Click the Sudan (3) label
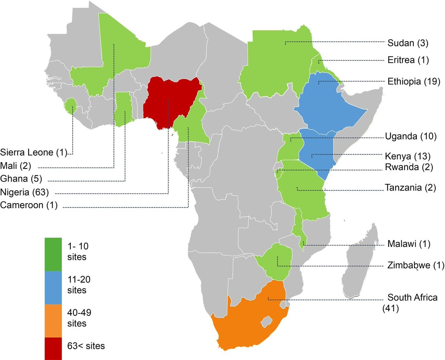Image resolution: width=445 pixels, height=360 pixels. point(408,43)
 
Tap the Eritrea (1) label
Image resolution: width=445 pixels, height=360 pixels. point(408,60)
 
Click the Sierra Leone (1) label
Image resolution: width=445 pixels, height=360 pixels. point(33,152)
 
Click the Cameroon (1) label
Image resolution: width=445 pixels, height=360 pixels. point(29,205)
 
